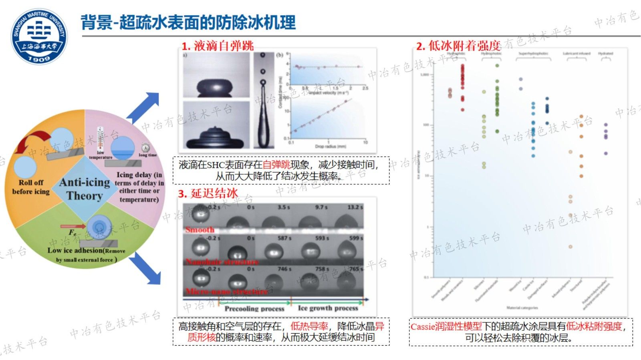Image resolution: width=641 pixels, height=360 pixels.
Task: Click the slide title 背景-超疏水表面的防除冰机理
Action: (188, 22)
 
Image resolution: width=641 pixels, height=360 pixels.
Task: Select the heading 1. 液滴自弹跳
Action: (218, 46)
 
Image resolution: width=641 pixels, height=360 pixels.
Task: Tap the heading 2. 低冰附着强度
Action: (458, 46)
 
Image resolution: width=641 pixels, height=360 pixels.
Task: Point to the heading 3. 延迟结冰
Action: (208, 193)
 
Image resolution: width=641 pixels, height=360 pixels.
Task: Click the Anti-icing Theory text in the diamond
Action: (85, 189)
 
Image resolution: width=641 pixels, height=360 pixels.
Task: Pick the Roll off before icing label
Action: (30, 187)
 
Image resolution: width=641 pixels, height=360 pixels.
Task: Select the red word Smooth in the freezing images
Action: (200, 230)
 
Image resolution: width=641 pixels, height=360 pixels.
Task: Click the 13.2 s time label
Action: (355, 207)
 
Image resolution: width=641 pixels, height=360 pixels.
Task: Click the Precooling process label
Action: (254, 309)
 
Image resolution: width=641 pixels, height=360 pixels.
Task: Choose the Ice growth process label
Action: (328, 308)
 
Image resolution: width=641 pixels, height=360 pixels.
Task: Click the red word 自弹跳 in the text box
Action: (276, 165)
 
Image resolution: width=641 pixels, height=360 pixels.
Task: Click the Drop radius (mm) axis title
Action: (330, 147)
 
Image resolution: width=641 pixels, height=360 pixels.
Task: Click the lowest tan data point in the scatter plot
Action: (570, 247)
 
